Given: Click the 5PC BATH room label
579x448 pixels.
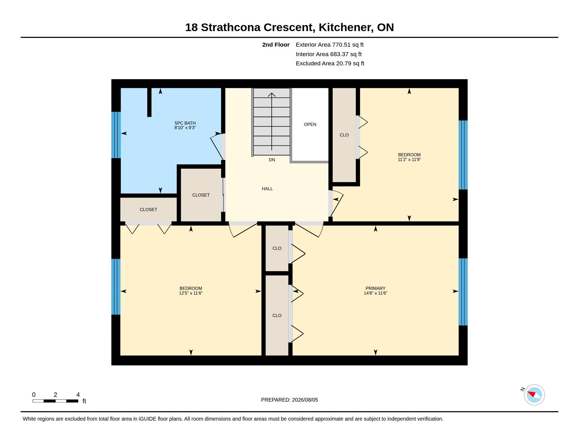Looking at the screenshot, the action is pyautogui.click(x=185, y=123).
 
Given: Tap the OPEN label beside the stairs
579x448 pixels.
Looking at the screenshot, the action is pyautogui.click(x=310, y=124).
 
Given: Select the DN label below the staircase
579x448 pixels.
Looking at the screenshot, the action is pyautogui.click(x=272, y=160).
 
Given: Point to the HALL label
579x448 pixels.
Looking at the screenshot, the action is pyautogui.click(x=267, y=189).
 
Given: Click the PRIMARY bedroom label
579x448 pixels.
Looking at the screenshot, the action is pyautogui.click(x=375, y=288).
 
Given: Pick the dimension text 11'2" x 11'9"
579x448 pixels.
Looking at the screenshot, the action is pyautogui.click(x=409, y=159).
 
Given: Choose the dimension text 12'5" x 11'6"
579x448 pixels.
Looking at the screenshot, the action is pyautogui.click(x=191, y=293).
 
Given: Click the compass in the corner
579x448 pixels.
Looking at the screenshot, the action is pyautogui.click(x=534, y=395).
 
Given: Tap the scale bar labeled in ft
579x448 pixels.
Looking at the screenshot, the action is pyautogui.click(x=56, y=401).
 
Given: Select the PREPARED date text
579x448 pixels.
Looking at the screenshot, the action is pyautogui.click(x=289, y=400).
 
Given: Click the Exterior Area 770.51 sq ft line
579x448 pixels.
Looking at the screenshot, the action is pyautogui.click(x=330, y=45).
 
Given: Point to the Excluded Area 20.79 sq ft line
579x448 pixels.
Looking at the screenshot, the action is pyautogui.click(x=330, y=64).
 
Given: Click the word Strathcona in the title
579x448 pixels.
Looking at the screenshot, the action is pyautogui.click(x=231, y=27).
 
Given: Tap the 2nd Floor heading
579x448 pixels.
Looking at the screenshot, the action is pyautogui.click(x=276, y=45).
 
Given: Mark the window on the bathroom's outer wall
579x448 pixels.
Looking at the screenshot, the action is pyautogui.click(x=116, y=135).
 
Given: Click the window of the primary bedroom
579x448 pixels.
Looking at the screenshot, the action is pyautogui.click(x=463, y=292).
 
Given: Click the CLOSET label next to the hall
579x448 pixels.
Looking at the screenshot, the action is pyautogui.click(x=201, y=195).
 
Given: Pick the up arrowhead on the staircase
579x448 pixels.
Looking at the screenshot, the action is pyautogui.click(x=272, y=95).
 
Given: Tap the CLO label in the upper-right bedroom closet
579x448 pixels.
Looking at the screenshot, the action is pyautogui.click(x=344, y=135).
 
